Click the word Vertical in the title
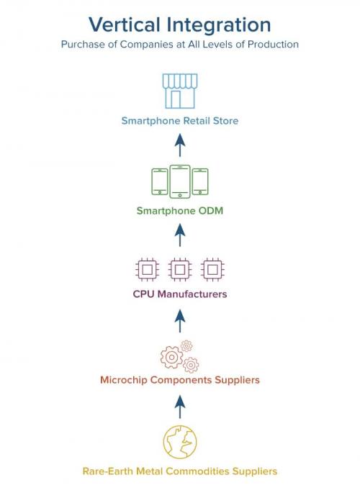[x=124, y=24]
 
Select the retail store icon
[x=180, y=90]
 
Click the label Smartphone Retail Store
[x=180, y=121]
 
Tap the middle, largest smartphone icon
[x=180, y=181]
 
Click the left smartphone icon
[x=159, y=181]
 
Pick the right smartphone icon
[x=201, y=181]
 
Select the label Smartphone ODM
[x=180, y=211]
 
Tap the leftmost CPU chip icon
[x=147, y=270]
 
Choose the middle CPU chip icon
[x=180, y=270]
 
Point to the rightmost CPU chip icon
[x=212, y=270]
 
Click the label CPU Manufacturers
[x=180, y=294]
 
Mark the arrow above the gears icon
[x=180, y=317]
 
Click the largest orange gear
[x=171, y=357]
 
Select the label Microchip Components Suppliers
[x=180, y=379]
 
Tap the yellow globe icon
[x=180, y=440]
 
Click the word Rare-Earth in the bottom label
[x=107, y=471]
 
